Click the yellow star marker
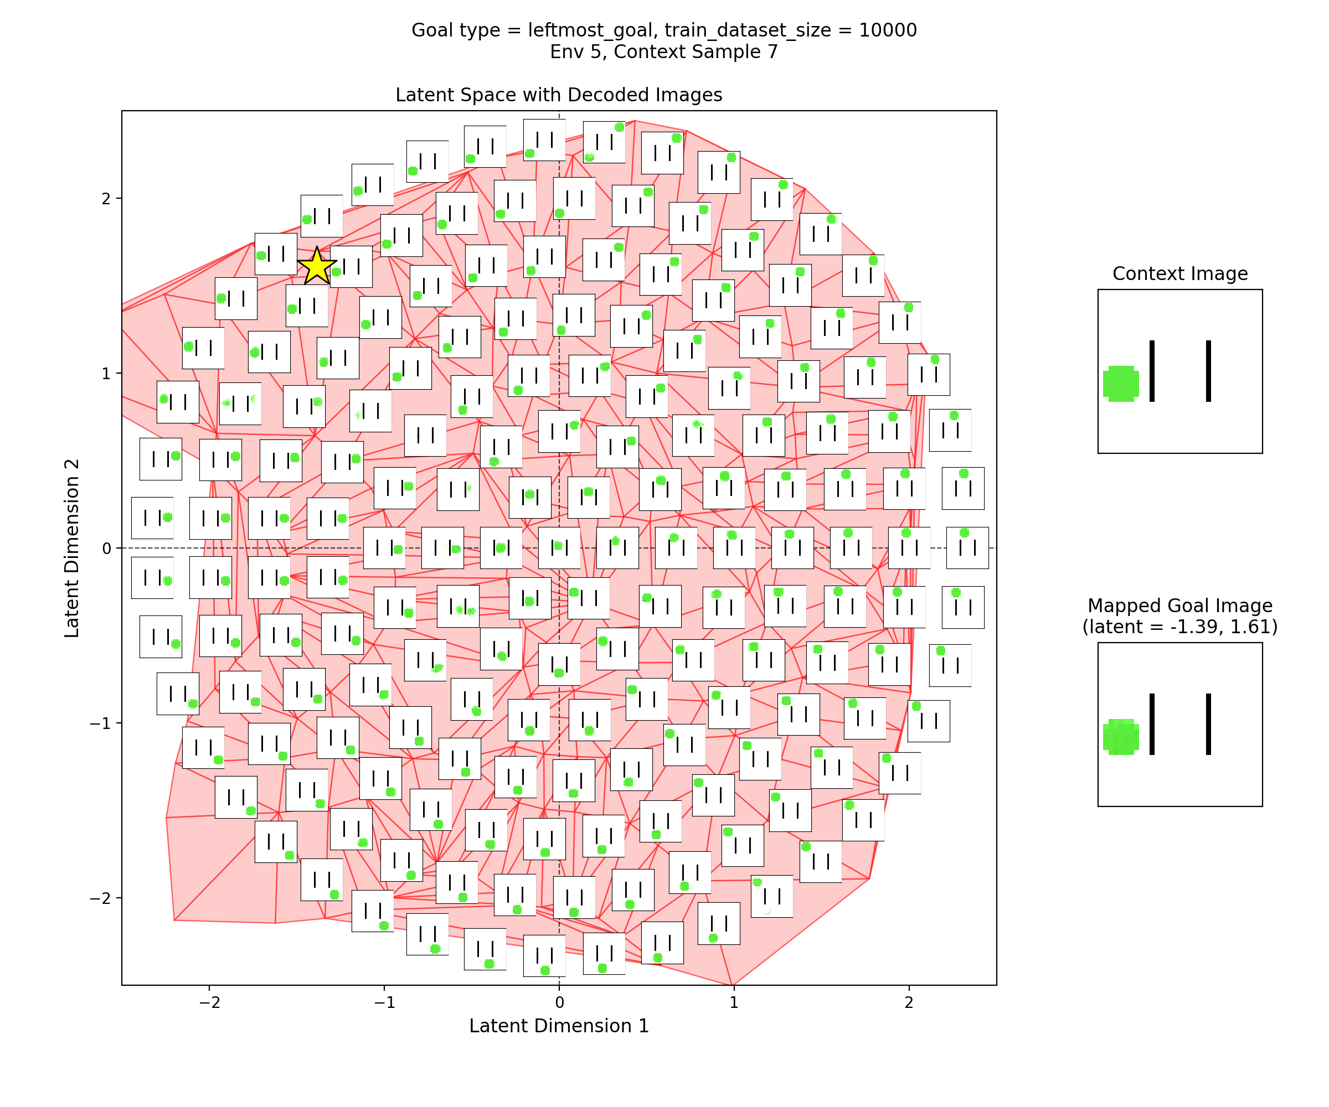pos(316,266)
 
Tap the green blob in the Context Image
pos(1121,384)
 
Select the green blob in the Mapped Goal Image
pos(1121,736)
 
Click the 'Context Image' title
pos(1179,273)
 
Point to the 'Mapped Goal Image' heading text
pos(1179,606)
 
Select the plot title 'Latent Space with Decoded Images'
pos(559,95)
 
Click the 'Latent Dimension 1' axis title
pos(559,1026)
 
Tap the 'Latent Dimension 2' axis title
pos(72,548)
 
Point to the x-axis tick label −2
pos(209,1002)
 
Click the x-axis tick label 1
pos(734,1002)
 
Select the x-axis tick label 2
pos(909,1002)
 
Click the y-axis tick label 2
pos(106,199)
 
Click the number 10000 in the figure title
pos(887,30)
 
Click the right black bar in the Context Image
pos(1208,371)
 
